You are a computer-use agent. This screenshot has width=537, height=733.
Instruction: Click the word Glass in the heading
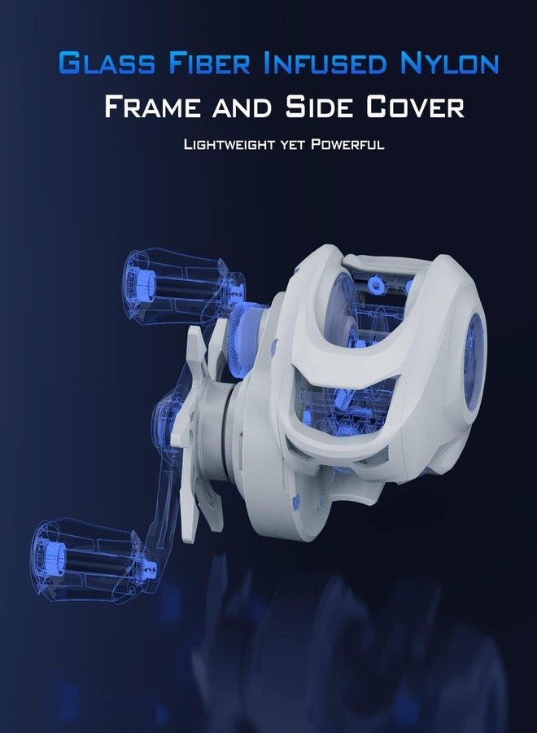pyautogui.click(x=107, y=63)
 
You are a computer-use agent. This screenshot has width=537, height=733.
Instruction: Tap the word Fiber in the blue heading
pyautogui.click(x=210, y=63)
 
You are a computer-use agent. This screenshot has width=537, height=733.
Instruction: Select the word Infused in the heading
pyautogui.click(x=325, y=63)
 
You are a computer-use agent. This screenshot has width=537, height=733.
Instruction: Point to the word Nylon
pyautogui.click(x=449, y=63)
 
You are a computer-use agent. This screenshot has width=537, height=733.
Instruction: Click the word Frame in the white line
pyautogui.click(x=152, y=107)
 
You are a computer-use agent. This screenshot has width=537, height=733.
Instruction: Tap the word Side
pyautogui.click(x=319, y=107)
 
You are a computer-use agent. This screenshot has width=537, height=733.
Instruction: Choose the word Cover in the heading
pyautogui.click(x=415, y=107)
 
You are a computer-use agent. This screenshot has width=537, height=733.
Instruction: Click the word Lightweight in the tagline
pyautogui.click(x=229, y=144)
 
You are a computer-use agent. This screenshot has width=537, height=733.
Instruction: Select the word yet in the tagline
pyautogui.click(x=292, y=145)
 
